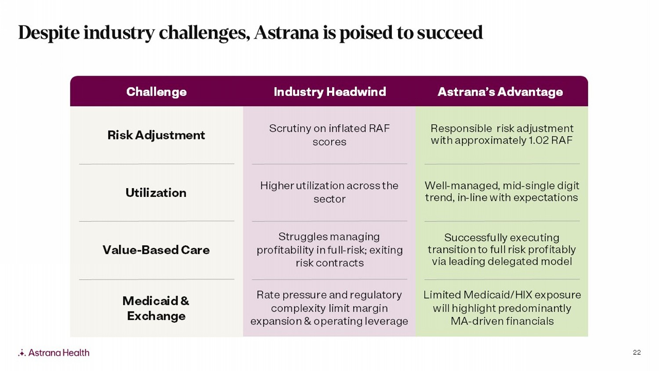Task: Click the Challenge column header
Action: tap(156, 92)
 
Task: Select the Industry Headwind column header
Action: tap(330, 92)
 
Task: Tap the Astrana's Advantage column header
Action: tap(500, 92)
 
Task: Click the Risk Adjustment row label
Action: tap(156, 135)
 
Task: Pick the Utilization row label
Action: tap(156, 193)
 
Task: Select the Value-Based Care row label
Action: tap(156, 250)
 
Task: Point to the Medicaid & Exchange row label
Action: tap(156, 308)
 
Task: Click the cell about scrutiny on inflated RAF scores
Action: tap(329, 135)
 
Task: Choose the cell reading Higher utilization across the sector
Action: tap(329, 192)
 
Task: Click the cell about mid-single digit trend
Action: tap(502, 192)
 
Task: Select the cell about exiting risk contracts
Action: tap(329, 250)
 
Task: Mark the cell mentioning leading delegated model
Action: tap(502, 250)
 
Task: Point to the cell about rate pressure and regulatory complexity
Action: tap(329, 308)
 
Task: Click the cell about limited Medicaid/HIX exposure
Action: tap(502, 308)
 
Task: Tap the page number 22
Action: tap(637, 353)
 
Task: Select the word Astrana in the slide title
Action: tap(286, 33)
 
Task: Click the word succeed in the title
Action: tap(450, 33)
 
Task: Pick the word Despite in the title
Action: tap(49, 33)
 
